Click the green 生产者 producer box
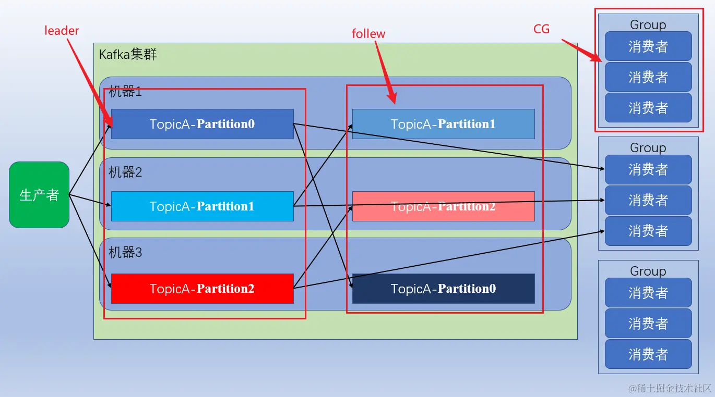39,195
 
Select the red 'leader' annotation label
62,31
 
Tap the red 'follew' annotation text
368,34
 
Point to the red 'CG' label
541,29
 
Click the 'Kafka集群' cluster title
128,54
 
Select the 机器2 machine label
125,172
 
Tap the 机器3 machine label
125,252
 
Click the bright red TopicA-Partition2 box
202,288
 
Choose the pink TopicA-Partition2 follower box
444,206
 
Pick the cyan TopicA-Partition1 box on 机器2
202,206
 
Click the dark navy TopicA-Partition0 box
444,288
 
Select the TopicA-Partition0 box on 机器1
202,124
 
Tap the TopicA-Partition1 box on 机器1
444,124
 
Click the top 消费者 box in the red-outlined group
648,46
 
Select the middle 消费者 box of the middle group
648,200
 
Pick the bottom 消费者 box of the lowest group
648,354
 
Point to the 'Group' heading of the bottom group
648,271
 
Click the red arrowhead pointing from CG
595,57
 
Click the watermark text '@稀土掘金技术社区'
670,388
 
